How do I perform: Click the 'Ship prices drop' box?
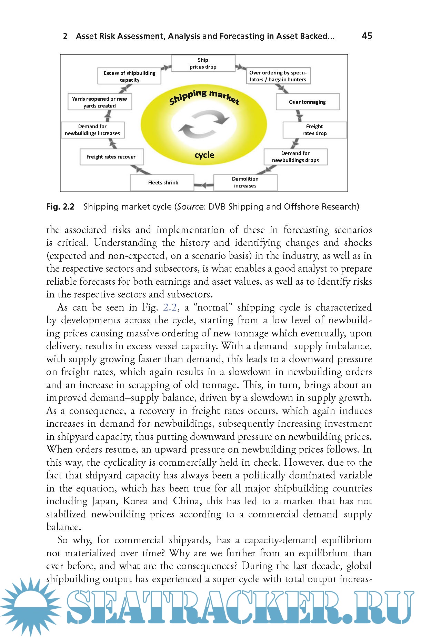tap(203, 63)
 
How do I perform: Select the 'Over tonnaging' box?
tap(307, 102)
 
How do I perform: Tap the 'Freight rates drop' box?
tap(314, 130)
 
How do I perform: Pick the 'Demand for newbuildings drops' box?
tap(295, 157)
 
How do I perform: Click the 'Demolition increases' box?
tap(245, 182)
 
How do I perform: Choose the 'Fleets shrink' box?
tap(163, 183)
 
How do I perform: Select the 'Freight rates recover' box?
tap(111, 157)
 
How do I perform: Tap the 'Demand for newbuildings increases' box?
tap(92, 130)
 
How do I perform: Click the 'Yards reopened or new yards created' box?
tap(99, 102)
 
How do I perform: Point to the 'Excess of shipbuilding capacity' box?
tap(129, 76)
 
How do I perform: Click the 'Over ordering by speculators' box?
tap(278, 76)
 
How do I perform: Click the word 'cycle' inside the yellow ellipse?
tap(204, 155)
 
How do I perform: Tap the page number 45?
tap(367, 36)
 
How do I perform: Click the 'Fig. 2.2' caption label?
tap(60, 207)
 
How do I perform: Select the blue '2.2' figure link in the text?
tap(170, 307)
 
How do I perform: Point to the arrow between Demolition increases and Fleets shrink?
tap(204, 185)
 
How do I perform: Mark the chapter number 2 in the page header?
tap(65, 36)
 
